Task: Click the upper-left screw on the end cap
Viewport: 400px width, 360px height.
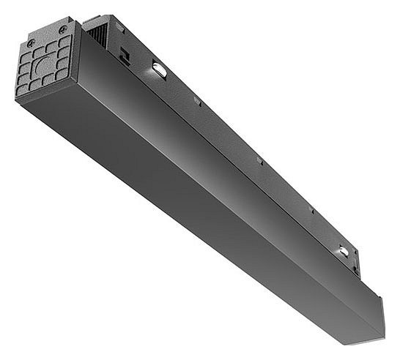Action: tap(30, 44)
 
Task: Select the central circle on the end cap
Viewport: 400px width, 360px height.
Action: tap(48, 64)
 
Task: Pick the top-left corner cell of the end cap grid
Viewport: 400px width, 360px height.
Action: tap(23, 55)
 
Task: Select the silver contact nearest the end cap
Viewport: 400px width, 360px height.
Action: tap(159, 70)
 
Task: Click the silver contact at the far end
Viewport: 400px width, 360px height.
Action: tap(343, 252)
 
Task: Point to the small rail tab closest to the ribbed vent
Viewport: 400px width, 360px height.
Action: tap(197, 101)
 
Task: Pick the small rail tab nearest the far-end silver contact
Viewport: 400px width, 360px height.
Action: tap(311, 211)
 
